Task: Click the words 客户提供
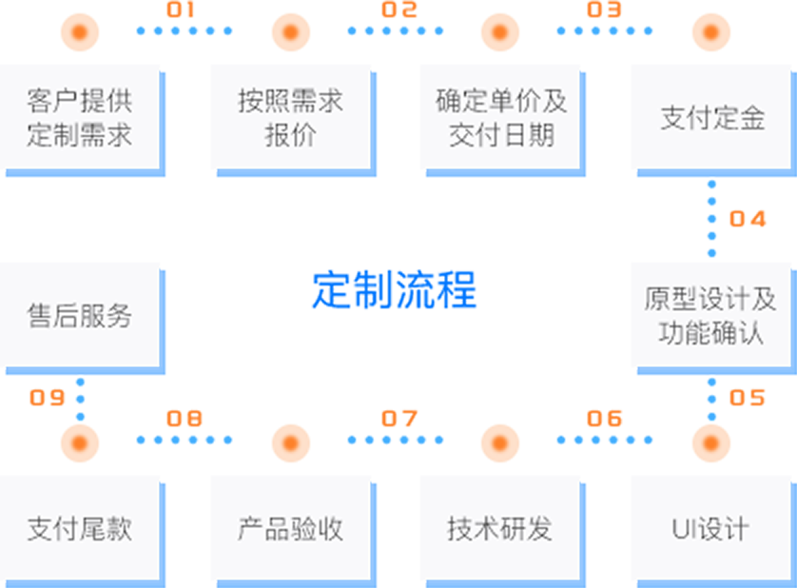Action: pos(79,101)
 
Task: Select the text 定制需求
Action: pos(79,134)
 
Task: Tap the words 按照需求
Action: pos(290,101)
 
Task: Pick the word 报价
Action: pos(290,134)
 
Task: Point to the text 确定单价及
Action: pos(501,101)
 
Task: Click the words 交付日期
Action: pos(501,134)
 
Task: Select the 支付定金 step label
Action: pos(712,118)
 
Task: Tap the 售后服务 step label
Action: pos(79,316)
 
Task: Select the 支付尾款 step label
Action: pos(79,529)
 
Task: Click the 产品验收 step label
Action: pos(290,529)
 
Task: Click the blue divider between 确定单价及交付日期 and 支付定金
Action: pos(594,119)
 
